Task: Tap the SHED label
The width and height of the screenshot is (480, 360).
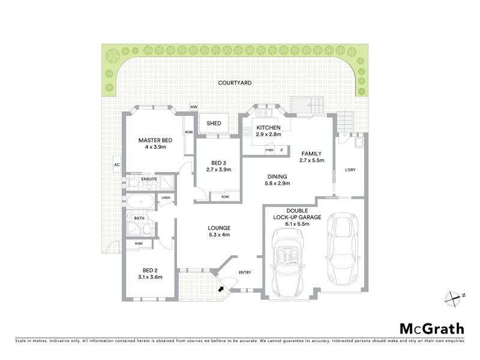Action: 214,124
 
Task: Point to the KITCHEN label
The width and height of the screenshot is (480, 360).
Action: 268,128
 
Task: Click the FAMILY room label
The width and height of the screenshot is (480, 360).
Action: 311,153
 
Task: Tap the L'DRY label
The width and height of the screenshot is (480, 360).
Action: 351,170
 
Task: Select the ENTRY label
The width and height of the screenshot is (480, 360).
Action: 244,272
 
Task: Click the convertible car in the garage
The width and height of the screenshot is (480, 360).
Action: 289,259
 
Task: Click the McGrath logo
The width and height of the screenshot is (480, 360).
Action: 431,328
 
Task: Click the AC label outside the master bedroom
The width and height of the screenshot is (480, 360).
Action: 118,164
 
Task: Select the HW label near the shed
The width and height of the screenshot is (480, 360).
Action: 193,107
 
